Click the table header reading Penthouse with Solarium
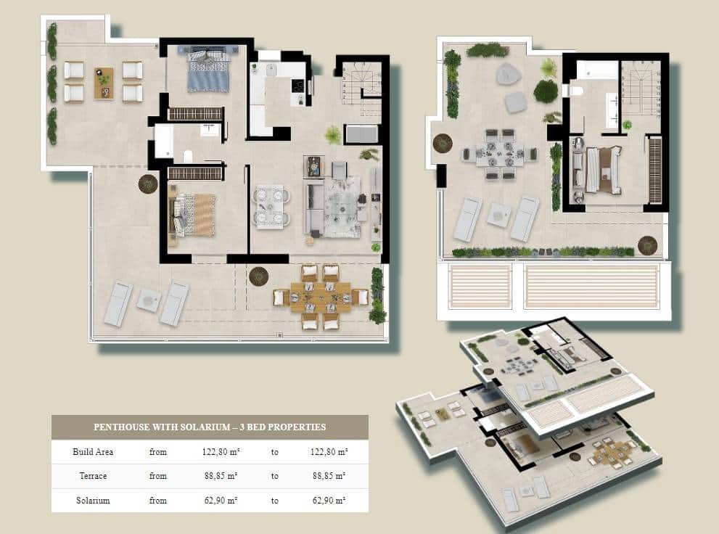(x=210, y=427)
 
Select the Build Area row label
(x=93, y=452)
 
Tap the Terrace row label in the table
(x=93, y=476)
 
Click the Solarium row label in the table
(x=93, y=501)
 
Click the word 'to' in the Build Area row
(x=275, y=452)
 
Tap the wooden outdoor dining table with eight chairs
(x=320, y=297)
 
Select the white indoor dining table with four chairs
(x=271, y=206)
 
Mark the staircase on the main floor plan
(x=361, y=89)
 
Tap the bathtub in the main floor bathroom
(x=164, y=140)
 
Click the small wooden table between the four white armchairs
(x=104, y=82)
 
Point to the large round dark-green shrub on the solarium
(x=546, y=91)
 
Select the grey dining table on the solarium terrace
(x=498, y=153)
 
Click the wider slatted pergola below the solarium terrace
(x=591, y=286)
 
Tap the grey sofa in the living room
(x=313, y=207)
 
